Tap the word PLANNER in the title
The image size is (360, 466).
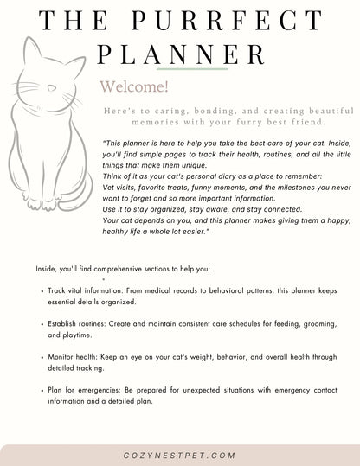(182, 54)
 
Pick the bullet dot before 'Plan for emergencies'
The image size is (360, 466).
(43, 389)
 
